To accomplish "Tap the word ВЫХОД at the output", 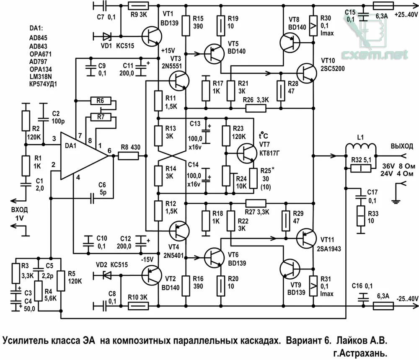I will pyautogui.click(x=402, y=146).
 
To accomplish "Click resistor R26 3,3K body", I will pyautogui.click(x=255, y=108).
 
